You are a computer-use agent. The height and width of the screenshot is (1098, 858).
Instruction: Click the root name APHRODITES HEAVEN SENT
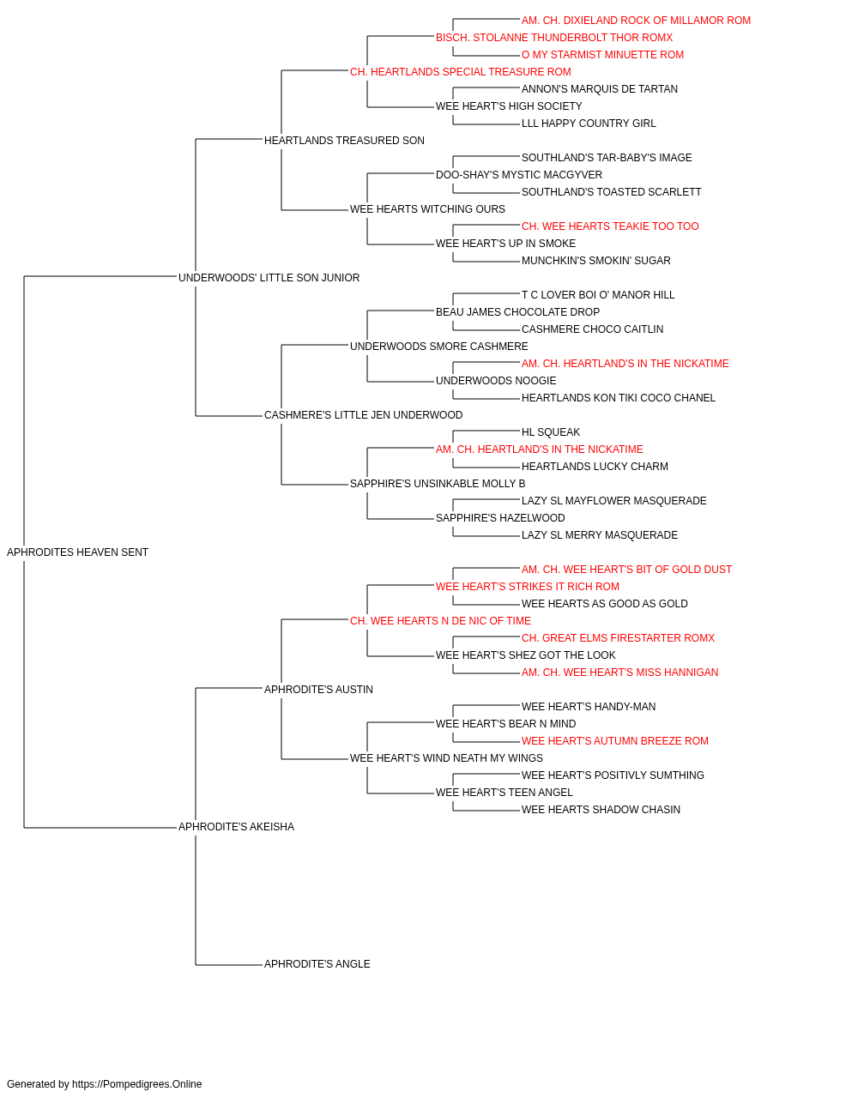(77, 552)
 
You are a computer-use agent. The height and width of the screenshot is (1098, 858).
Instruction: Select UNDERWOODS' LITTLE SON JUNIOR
(269, 278)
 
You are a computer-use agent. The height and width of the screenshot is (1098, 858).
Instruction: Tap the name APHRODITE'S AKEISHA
(236, 827)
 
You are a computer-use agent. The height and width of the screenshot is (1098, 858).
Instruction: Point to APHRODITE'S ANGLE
(317, 964)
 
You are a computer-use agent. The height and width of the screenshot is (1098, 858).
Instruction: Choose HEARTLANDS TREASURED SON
(344, 141)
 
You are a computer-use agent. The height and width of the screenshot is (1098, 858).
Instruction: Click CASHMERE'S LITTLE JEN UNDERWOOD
(363, 415)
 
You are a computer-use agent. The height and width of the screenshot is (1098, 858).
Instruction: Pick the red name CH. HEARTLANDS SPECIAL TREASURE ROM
(461, 72)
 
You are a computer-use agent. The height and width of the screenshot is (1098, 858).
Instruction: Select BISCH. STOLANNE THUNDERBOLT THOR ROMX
(554, 38)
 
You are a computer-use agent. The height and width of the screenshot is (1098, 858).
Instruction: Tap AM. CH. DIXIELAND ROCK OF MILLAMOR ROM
(636, 21)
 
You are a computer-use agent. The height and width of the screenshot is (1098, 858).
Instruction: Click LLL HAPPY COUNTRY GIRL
(589, 124)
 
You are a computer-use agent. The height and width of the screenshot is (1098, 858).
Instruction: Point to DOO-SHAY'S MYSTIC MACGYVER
(519, 175)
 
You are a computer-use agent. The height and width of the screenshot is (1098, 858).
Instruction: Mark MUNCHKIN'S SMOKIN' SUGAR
(596, 261)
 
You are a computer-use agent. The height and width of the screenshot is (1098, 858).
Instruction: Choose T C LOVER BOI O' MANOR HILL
(598, 295)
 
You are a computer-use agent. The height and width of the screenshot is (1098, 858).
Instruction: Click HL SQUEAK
(551, 432)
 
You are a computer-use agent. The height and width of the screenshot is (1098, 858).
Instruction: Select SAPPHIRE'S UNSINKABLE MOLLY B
(438, 484)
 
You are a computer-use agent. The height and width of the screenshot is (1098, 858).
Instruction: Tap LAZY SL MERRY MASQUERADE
(600, 535)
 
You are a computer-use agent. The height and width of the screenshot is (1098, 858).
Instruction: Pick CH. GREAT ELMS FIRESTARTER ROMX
(618, 638)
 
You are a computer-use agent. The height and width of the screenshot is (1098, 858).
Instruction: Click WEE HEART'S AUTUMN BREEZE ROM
(615, 741)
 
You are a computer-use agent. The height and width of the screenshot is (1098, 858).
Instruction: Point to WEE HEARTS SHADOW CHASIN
(601, 810)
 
